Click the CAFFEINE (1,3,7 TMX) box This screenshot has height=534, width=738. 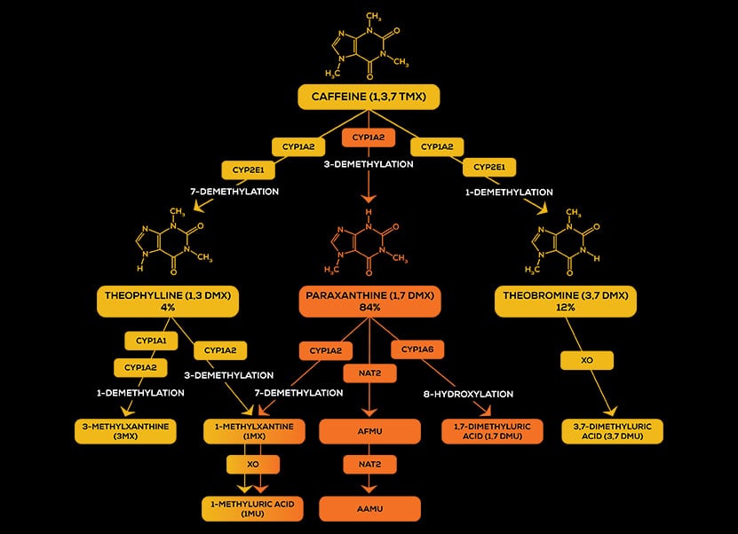coord(369,97)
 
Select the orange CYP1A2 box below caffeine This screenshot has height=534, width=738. coord(368,138)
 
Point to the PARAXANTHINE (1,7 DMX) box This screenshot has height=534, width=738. coord(369,301)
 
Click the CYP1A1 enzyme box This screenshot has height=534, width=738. coord(146,341)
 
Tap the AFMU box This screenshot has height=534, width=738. coord(369,431)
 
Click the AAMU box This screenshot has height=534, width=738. coord(369,508)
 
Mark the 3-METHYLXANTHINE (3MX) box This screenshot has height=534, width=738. coord(125,431)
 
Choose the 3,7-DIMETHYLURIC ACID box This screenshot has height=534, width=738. coord(612,431)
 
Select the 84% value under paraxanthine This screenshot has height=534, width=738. coord(369,308)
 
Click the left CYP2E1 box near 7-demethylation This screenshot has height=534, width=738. coord(248,168)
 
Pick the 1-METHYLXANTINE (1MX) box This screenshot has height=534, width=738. coord(251,431)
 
